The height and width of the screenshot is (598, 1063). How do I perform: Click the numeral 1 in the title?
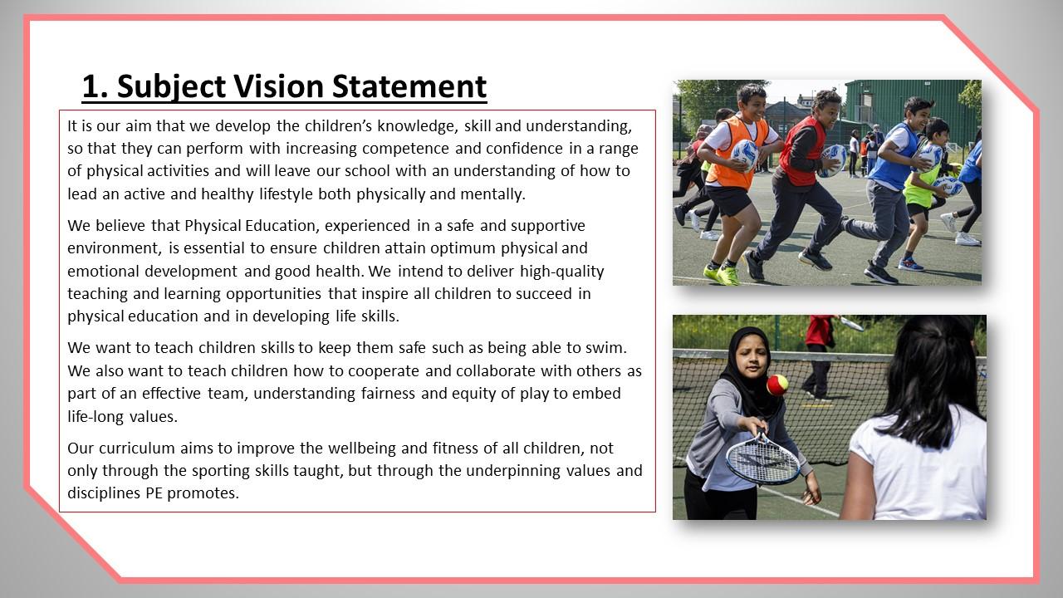(91, 86)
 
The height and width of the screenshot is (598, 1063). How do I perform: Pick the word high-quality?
(562, 272)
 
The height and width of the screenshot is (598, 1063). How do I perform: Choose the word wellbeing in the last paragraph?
(364, 448)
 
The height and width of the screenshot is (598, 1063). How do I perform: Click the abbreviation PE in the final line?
(154, 493)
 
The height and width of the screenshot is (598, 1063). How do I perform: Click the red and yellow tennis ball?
(777, 385)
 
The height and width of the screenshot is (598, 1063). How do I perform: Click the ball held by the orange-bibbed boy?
(744, 154)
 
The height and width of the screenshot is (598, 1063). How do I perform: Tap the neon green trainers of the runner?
(722, 275)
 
